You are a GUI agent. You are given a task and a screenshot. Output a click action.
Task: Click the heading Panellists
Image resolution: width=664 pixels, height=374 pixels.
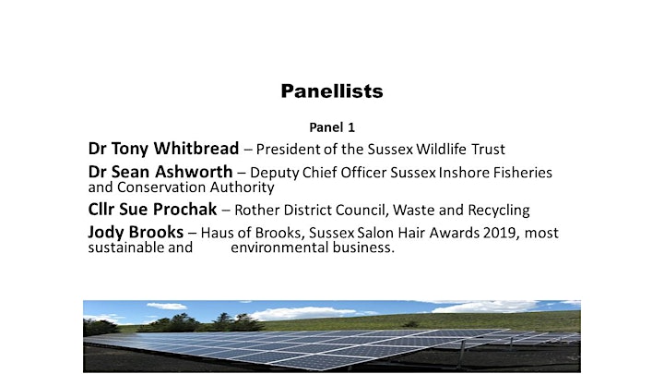(x=332, y=91)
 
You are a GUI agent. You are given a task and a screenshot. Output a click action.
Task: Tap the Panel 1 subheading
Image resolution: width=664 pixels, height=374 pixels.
(x=332, y=127)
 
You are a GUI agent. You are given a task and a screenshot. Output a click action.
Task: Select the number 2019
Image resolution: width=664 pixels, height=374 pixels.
(x=499, y=233)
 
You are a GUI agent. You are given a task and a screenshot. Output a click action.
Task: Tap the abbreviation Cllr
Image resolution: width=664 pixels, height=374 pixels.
(x=101, y=209)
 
